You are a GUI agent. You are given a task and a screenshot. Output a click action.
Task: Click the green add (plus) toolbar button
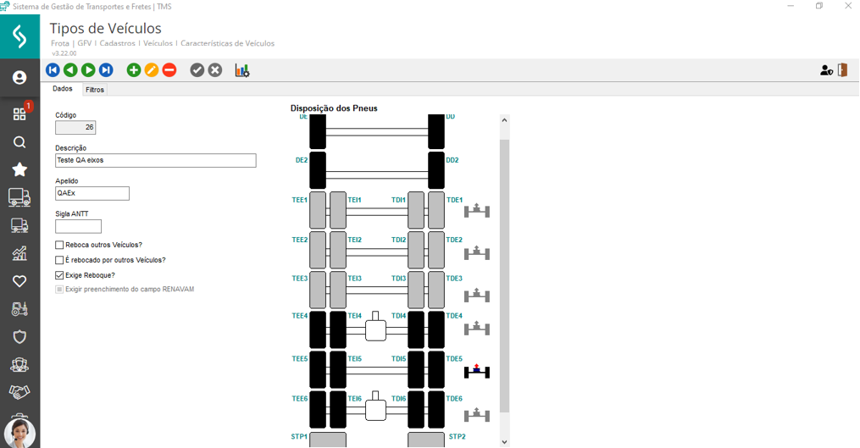coord(134,70)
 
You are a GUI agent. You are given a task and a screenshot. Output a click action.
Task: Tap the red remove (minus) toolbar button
coord(169,70)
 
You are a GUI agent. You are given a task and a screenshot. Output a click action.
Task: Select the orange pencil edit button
coord(152,70)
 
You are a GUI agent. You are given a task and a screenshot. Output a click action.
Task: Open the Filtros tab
coord(95,90)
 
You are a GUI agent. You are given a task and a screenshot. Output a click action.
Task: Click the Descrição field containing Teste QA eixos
coord(155,160)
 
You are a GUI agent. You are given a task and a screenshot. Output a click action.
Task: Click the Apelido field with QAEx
coord(92,193)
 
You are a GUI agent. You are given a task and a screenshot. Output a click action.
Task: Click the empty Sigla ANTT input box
coord(78,226)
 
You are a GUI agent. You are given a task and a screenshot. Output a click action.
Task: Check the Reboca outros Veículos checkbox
coord(59,245)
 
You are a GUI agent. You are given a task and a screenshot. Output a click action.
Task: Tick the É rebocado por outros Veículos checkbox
coord(59,260)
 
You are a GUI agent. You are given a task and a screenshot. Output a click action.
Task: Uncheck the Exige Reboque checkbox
coord(59,275)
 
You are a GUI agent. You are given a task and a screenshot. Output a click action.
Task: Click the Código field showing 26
coord(75,128)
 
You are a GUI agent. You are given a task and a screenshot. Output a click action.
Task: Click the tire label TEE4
coord(300,316)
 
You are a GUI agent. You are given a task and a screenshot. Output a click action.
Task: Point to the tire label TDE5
coord(455,359)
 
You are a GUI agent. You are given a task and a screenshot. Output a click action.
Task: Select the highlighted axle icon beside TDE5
coord(477,371)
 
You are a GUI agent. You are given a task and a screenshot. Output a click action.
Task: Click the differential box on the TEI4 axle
coord(375,329)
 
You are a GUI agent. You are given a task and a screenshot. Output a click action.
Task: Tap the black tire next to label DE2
coord(317,170)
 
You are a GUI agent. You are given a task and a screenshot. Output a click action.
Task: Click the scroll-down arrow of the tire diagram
coord(504,441)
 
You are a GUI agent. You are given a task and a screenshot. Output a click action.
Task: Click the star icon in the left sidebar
coord(19,170)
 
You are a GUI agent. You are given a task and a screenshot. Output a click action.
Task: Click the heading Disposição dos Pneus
coord(334,108)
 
